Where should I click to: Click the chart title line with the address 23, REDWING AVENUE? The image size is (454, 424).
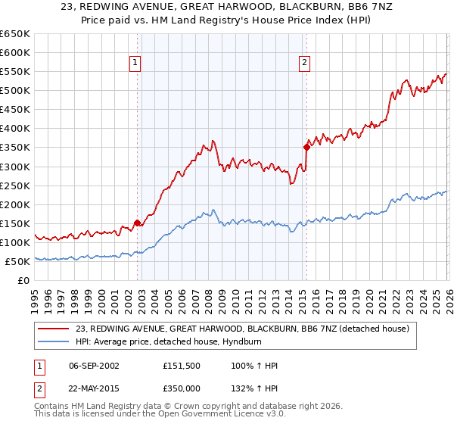226,7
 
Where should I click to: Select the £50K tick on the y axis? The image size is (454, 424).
17,261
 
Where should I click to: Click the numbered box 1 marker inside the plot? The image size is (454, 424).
135,63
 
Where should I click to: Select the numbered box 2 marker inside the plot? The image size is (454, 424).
304,63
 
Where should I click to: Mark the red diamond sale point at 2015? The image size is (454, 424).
306,147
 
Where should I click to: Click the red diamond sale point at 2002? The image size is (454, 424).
137,223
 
